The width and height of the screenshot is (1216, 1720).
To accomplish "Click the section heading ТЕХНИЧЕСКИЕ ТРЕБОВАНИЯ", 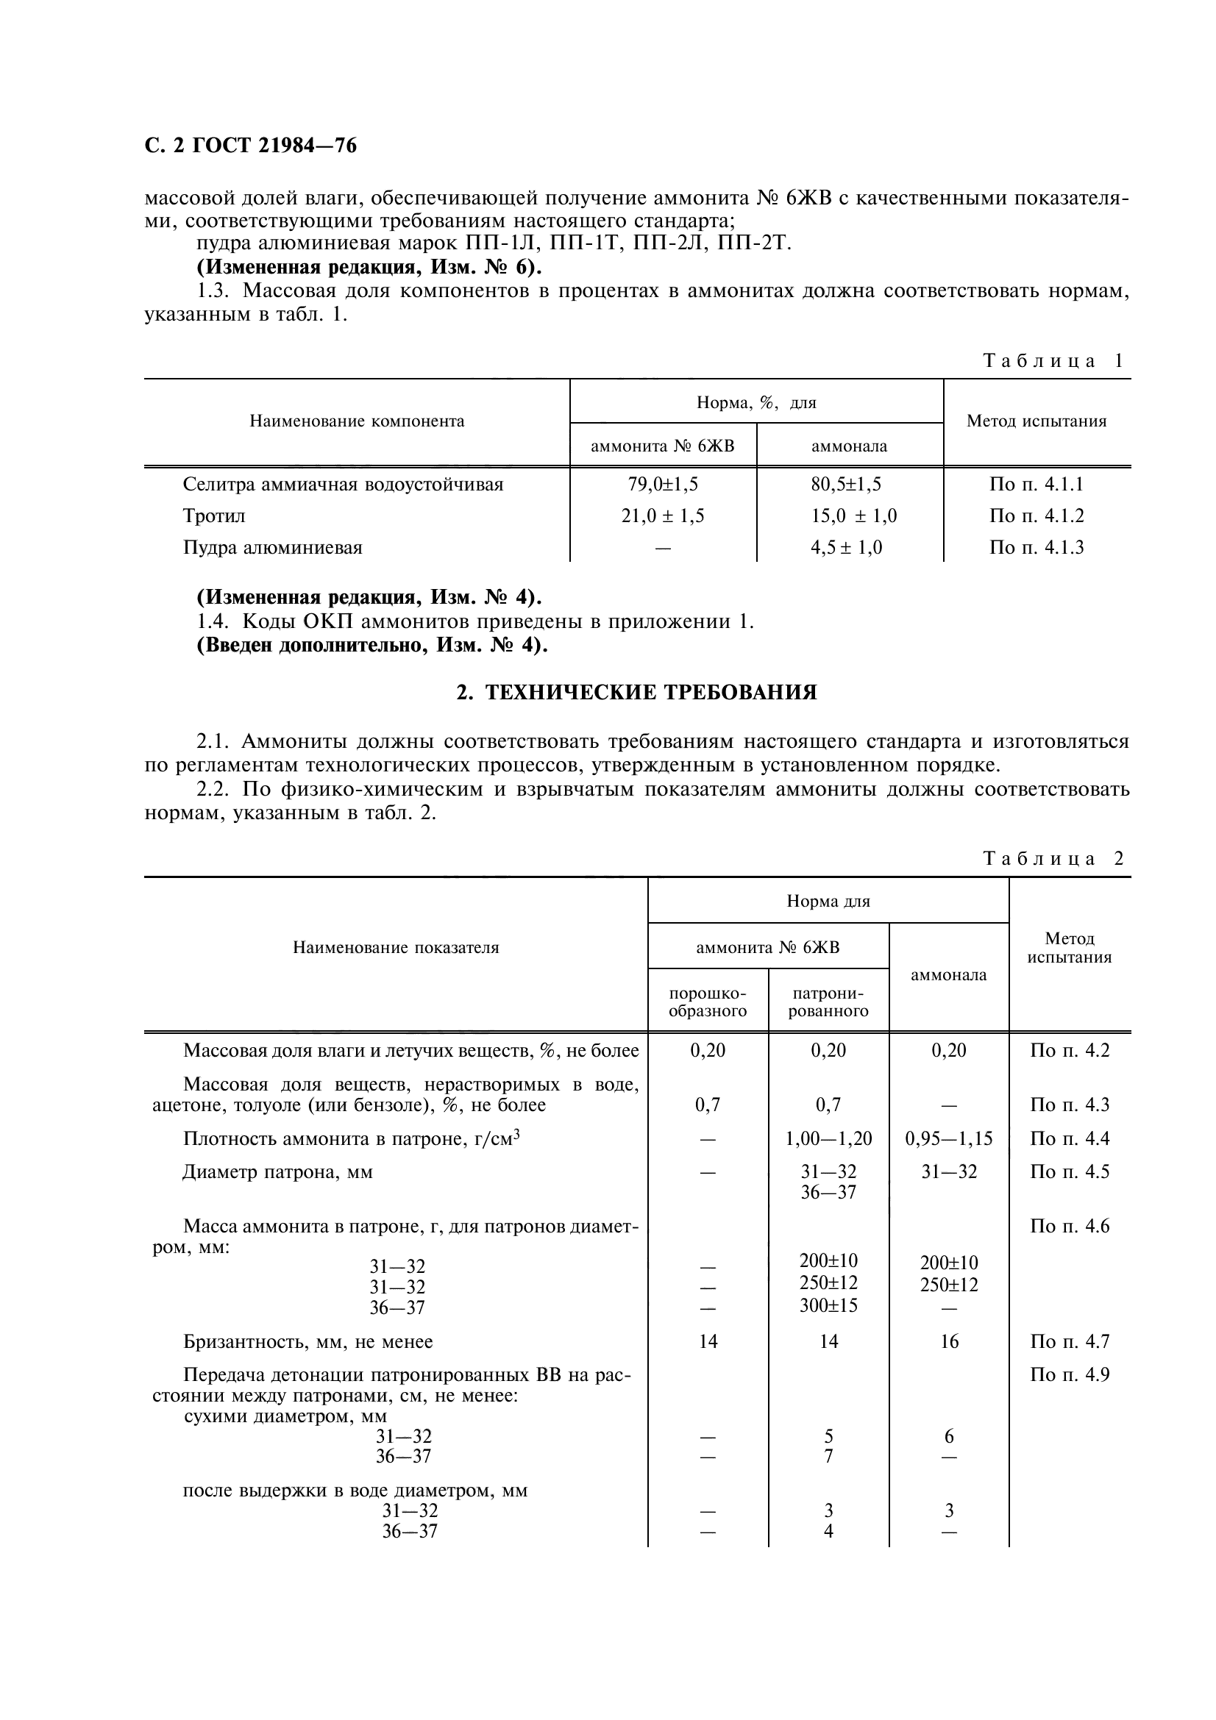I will tap(637, 692).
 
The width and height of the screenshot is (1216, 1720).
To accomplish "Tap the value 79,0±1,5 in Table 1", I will tap(662, 485).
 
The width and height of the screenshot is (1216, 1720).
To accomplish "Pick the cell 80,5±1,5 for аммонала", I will tap(850, 485).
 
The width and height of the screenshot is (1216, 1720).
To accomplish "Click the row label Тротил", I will tap(214, 516).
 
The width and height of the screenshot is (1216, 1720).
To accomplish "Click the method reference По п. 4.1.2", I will tap(1037, 516).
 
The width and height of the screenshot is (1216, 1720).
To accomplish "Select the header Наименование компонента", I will tap(357, 421).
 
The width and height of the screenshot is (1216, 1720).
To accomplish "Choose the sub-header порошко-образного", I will tap(707, 1002).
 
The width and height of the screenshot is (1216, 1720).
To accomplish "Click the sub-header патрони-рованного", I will tap(828, 1002).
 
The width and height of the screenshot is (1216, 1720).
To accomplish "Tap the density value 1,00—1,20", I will tap(828, 1138).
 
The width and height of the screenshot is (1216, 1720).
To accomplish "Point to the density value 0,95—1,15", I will tap(948, 1138).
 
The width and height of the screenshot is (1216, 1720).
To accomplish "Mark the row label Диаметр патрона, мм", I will tap(278, 1171).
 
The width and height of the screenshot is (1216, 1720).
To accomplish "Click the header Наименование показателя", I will tap(396, 948).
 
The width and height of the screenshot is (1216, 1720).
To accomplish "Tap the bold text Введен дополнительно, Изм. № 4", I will tap(371, 645).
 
